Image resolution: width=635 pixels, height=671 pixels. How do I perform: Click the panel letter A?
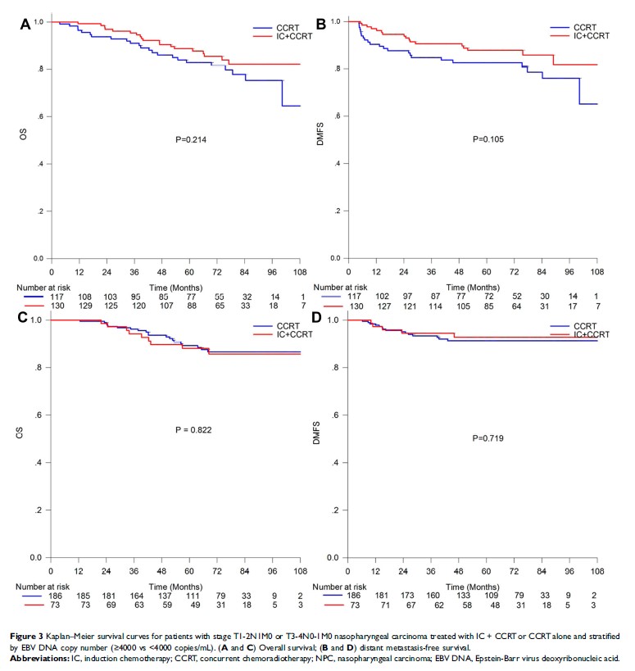pos(25,25)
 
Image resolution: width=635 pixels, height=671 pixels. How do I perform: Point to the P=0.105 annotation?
pos(490,139)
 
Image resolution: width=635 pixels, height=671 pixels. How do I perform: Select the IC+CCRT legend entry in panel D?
pos(592,334)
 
